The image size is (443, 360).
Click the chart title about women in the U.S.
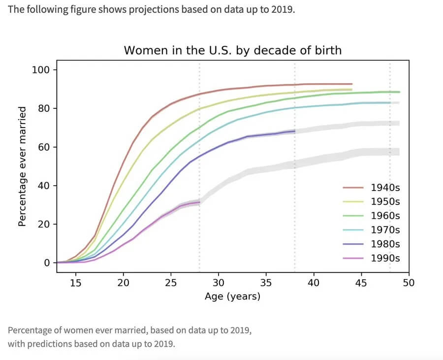coord(232,50)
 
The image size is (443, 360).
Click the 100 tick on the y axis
coord(41,69)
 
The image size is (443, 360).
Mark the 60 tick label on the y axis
coord(44,147)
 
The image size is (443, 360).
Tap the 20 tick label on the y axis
coord(44,224)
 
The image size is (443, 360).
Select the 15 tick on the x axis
coord(75,283)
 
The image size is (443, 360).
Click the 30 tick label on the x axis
coord(218,283)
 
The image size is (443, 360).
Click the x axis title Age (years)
coord(232,296)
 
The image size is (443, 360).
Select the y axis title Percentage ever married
coord(22,166)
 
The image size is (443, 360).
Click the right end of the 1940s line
coord(352,84)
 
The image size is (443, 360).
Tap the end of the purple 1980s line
coord(295,131)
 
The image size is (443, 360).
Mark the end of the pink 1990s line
coord(199,202)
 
